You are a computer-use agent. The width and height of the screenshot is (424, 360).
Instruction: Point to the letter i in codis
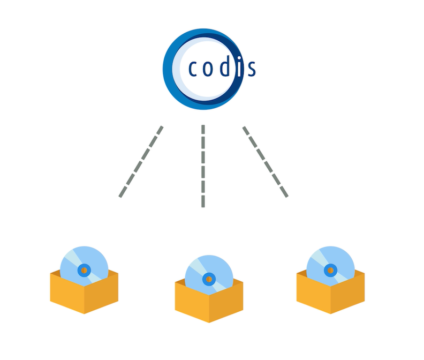[239, 67]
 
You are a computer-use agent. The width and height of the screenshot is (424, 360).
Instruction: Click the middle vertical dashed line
[203, 166]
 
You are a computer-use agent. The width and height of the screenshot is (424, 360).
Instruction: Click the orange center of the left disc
[84, 270]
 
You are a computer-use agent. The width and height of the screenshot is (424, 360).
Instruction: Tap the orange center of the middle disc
[209, 279]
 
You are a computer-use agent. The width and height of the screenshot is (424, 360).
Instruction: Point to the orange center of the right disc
[331, 270]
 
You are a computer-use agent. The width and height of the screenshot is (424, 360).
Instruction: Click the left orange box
[84, 297]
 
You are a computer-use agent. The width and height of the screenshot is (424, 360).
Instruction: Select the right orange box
[330, 297]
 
